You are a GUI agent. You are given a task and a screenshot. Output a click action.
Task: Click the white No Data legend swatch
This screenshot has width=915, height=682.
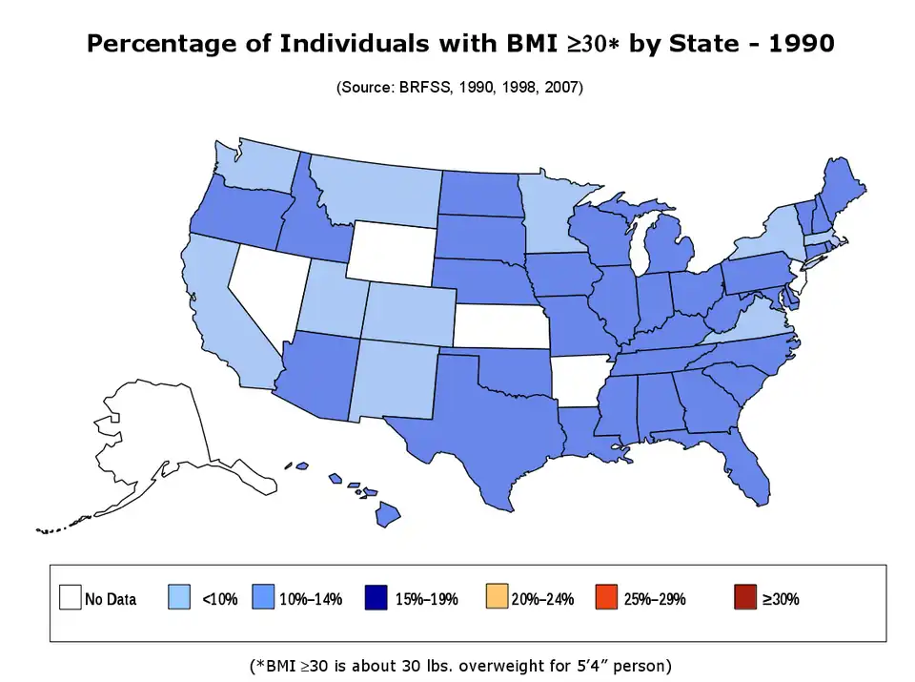69,597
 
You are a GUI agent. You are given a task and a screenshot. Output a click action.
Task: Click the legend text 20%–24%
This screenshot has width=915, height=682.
542,599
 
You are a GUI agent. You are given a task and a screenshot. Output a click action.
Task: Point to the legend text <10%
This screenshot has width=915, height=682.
219,599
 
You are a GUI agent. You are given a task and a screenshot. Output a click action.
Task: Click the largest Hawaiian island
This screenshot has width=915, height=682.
387,515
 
